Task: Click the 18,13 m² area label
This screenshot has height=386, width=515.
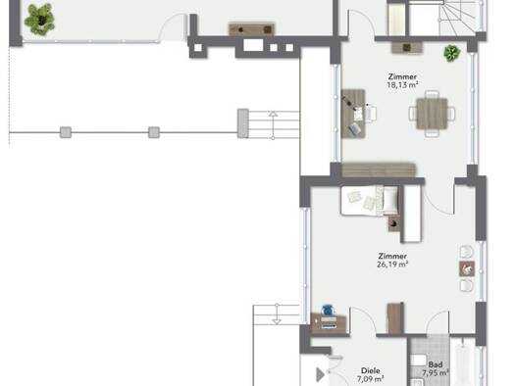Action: tap(402, 85)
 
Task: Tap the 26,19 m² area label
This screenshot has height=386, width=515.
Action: tap(392, 265)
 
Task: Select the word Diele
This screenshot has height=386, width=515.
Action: tap(371, 370)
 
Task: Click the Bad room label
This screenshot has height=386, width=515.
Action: tap(436, 364)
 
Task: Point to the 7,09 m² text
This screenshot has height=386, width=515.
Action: tap(371, 379)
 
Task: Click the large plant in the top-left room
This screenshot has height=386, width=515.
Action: tap(39, 20)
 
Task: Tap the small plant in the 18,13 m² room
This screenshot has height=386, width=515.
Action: tap(451, 53)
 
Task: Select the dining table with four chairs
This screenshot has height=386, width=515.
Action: tap(432, 114)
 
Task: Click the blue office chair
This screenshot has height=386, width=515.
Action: tap(328, 310)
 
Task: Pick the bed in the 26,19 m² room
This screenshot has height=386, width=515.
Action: tap(370, 201)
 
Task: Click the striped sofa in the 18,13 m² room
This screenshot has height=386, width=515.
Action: tap(379, 169)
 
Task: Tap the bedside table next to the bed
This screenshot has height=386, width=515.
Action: tap(394, 223)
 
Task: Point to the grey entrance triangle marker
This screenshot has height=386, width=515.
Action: tap(320, 375)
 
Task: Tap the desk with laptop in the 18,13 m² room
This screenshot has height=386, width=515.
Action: tap(353, 114)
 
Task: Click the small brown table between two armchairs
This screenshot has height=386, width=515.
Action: tap(467, 268)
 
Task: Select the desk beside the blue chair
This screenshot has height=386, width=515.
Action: tap(329, 323)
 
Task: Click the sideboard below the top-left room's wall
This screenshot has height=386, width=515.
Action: tap(251, 29)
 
